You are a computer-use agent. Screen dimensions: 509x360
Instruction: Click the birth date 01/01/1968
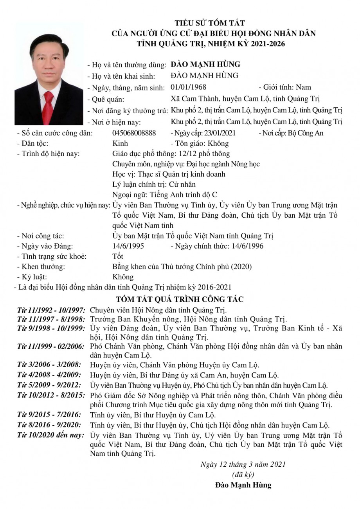[189, 87]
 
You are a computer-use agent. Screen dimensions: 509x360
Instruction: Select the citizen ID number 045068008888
[134, 133]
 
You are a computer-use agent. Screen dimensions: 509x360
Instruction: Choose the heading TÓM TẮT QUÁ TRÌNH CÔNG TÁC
[180, 300]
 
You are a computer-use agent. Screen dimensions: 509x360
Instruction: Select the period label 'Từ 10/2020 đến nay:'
[50, 435]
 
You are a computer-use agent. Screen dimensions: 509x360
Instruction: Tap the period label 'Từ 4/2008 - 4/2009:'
[49, 375]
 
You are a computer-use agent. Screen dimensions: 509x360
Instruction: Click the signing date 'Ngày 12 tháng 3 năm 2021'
[243, 464]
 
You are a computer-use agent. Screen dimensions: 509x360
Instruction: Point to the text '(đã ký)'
[243, 475]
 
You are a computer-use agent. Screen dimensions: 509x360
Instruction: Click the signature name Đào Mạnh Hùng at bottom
[243, 485]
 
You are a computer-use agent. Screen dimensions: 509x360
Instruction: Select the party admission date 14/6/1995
[128, 246]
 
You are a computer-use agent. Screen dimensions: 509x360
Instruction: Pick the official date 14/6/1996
[247, 246]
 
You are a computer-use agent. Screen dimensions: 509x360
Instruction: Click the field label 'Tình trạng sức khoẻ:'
[52, 256]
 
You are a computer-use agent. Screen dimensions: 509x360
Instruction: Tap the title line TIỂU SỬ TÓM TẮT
[209, 23]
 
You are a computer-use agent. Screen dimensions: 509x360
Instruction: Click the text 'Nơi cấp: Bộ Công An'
[291, 133]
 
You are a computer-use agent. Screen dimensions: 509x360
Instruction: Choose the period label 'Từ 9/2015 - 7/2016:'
[49, 415]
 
